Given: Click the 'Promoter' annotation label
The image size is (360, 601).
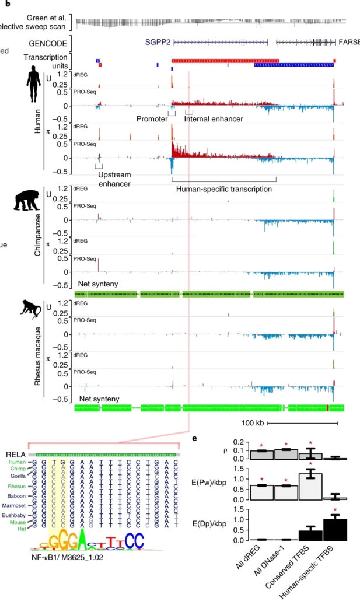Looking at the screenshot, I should click(x=152, y=118).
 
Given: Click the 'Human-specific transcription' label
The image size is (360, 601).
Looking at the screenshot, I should click(x=224, y=189).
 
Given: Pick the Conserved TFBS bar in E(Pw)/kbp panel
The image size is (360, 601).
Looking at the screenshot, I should click(x=310, y=485).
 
